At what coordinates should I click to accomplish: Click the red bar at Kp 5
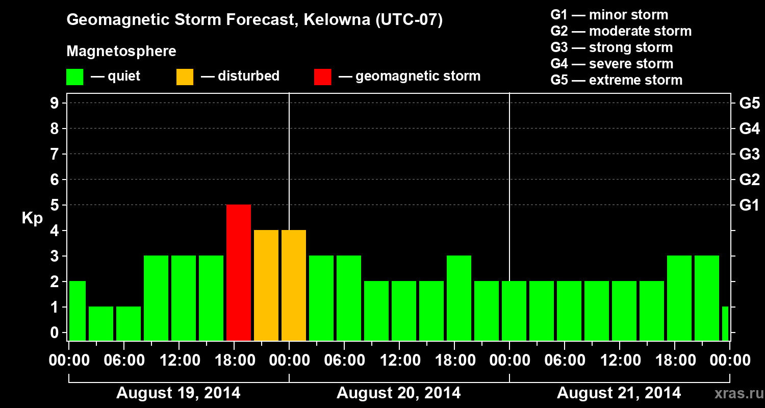(x=239, y=272)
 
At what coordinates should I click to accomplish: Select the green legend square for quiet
(x=75, y=76)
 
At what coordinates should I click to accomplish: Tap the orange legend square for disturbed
(x=185, y=76)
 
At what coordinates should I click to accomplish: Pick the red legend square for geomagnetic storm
(x=322, y=76)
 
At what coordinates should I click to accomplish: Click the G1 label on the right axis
(x=749, y=206)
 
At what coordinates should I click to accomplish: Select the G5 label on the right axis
(x=749, y=104)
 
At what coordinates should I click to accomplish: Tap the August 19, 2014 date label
(x=178, y=393)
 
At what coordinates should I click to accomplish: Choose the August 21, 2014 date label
(x=619, y=393)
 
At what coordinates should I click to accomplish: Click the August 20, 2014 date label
(x=398, y=393)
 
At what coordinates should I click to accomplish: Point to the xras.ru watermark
(x=735, y=393)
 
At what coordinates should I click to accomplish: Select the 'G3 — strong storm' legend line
(x=611, y=47)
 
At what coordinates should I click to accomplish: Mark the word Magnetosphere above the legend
(x=121, y=52)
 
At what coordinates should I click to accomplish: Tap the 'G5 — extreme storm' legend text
(x=616, y=80)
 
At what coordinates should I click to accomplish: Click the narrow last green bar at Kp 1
(x=725, y=323)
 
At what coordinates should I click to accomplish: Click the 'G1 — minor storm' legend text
(x=609, y=15)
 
